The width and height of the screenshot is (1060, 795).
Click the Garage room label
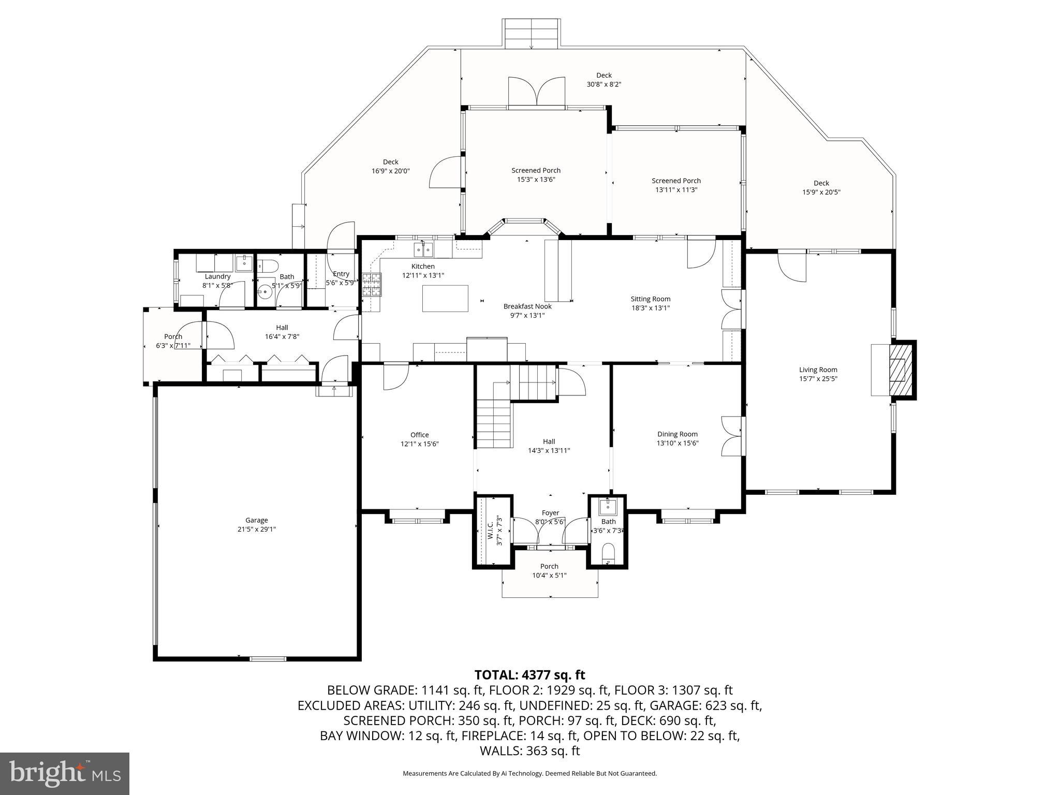257,520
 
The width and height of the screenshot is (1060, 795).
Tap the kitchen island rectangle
445,299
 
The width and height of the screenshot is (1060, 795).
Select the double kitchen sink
423,250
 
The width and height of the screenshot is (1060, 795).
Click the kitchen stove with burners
371,285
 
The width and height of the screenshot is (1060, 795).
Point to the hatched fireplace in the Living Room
897,370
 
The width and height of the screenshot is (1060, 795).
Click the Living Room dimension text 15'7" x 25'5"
818,378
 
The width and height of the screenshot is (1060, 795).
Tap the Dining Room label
678,434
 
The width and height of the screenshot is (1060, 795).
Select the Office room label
419,435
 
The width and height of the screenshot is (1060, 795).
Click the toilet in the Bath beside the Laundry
268,266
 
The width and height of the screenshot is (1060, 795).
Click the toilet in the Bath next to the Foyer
608,553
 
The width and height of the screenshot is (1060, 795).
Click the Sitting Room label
650,299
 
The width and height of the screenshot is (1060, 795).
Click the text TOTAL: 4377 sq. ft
529,675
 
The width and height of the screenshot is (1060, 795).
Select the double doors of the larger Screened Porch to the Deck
537,93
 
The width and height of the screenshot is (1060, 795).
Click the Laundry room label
217,276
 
